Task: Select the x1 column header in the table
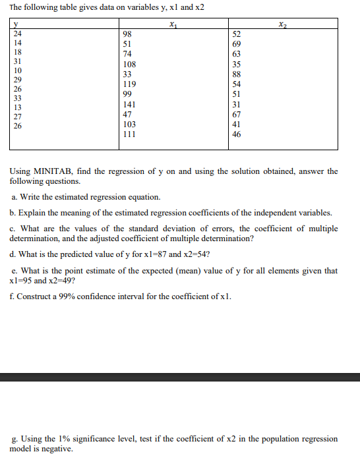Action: coord(174,25)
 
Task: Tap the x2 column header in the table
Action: coord(283,25)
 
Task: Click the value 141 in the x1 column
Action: coord(130,104)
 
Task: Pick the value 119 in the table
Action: coord(130,84)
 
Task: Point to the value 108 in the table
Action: coord(130,65)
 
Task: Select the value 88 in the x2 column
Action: coord(237,74)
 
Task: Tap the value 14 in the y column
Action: coord(18,42)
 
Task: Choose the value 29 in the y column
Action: coord(18,78)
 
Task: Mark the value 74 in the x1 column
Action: coord(128,54)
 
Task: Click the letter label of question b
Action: coord(13,214)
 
